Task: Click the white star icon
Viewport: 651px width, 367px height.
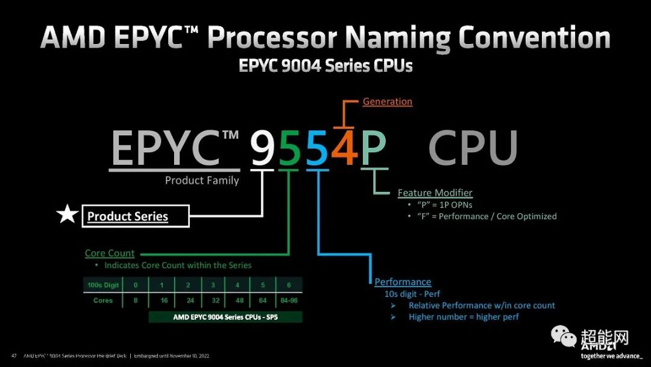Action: pyautogui.click(x=66, y=214)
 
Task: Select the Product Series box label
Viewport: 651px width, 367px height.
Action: pyautogui.click(x=128, y=216)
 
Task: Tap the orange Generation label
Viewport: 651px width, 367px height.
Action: pyautogui.click(x=388, y=101)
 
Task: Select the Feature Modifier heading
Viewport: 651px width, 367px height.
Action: pyautogui.click(x=435, y=193)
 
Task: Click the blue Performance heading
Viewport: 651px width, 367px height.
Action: pyautogui.click(x=403, y=282)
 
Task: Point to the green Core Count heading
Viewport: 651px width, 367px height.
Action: pyautogui.click(x=110, y=254)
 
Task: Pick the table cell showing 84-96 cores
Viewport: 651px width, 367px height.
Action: pyautogui.click(x=289, y=300)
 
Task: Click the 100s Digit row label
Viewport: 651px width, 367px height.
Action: pyautogui.click(x=103, y=285)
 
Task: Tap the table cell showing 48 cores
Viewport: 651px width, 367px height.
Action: pyautogui.click(x=238, y=300)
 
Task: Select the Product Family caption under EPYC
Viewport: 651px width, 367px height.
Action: pyautogui.click(x=202, y=180)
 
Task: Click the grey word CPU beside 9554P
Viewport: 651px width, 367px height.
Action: pyautogui.click(x=473, y=148)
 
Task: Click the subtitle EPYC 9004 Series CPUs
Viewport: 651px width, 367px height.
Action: pyautogui.click(x=325, y=65)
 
